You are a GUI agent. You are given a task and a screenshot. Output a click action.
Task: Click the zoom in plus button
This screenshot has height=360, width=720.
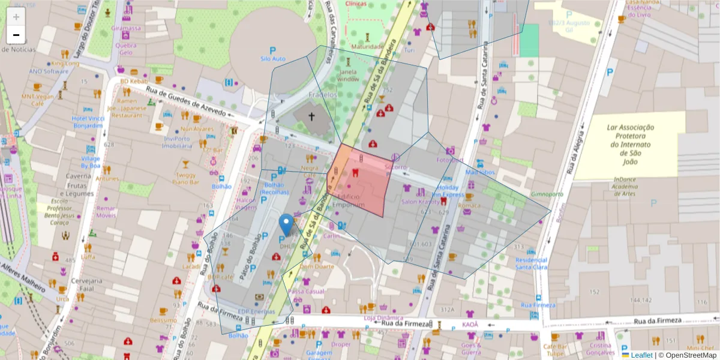[x=16, y=17]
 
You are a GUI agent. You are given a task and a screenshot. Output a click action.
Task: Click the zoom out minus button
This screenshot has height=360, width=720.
[x=16, y=35]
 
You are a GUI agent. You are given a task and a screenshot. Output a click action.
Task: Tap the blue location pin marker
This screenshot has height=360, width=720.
[x=286, y=224]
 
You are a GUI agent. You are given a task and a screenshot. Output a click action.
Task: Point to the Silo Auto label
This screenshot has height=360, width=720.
[x=273, y=59]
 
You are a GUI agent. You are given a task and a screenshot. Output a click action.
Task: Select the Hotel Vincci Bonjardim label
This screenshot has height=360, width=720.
[x=89, y=122]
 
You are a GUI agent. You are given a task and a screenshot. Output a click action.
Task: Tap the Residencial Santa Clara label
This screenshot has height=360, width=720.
[x=532, y=264]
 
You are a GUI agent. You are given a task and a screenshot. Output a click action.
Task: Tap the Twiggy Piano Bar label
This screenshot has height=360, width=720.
[x=185, y=178]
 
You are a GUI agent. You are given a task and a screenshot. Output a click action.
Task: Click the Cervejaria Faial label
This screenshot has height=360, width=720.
[x=88, y=284]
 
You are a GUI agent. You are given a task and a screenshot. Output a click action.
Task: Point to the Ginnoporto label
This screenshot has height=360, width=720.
[x=547, y=194]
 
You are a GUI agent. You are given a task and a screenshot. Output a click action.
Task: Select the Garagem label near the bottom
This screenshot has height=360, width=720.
[x=319, y=353]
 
